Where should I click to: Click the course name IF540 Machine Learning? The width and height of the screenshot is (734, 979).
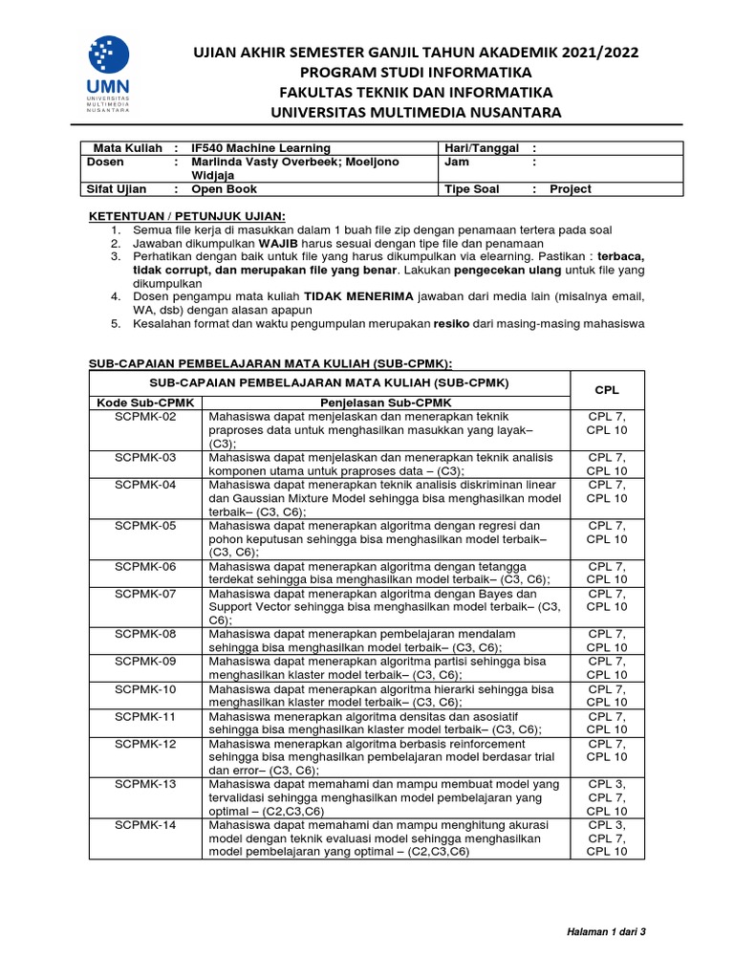[x=260, y=148]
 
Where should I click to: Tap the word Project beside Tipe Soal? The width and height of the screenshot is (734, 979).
[x=570, y=189]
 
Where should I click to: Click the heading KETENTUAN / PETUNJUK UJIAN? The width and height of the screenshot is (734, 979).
[x=186, y=215]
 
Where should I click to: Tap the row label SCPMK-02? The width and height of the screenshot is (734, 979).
[x=145, y=417]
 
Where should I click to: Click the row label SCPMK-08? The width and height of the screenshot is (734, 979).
[x=145, y=634]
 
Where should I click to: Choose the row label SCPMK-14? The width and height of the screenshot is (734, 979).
[x=145, y=824]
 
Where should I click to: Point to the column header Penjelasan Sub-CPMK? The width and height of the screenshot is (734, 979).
[x=386, y=402]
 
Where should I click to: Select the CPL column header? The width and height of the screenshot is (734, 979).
[x=607, y=390]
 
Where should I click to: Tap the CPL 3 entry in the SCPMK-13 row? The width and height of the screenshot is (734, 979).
[x=607, y=784]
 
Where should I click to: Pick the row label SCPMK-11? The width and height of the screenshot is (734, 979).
[x=145, y=715]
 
